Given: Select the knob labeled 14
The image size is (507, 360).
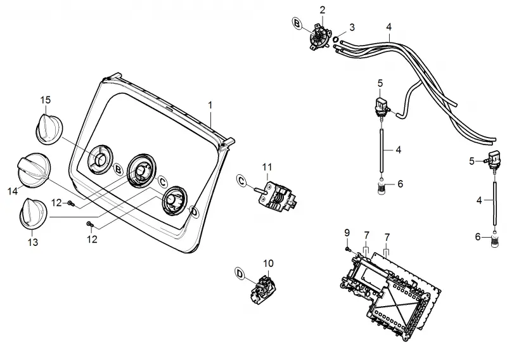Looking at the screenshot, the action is [x=34, y=170].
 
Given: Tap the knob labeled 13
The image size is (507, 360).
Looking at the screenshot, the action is [x=34, y=214].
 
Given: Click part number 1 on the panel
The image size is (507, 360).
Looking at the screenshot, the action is [x=210, y=105].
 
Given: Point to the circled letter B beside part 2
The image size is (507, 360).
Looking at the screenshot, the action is [x=297, y=23].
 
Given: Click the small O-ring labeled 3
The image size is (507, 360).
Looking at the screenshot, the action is [x=336, y=39].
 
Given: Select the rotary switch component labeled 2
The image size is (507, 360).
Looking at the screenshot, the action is [x=320, y=37].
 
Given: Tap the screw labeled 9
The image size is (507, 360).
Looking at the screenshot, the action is [x=348, y=249].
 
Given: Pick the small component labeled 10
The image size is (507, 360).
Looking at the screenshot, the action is [x=264, y=289].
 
